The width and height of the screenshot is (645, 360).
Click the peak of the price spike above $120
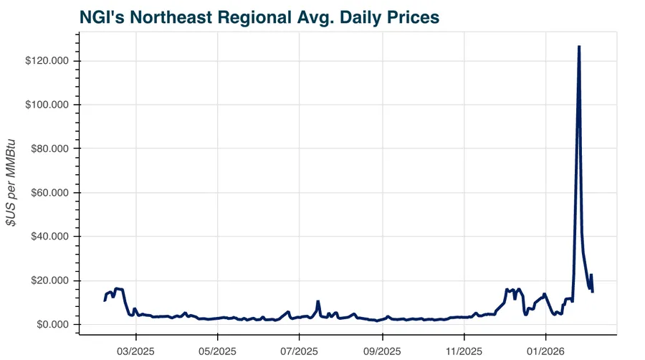pos(579,47)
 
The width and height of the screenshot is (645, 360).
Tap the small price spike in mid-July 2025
pos(317,301)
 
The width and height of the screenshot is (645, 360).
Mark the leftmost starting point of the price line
pos(105,300)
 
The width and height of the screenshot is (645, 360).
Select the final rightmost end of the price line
pos(593,291)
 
